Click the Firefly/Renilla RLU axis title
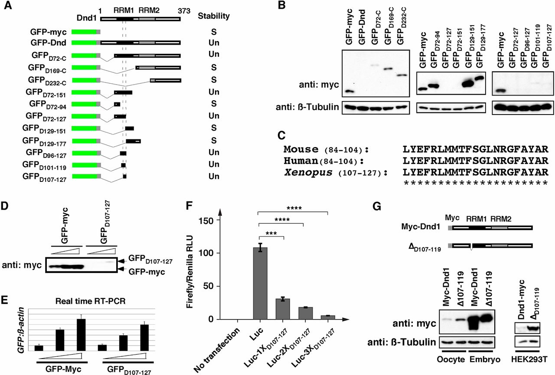pyautogui.click(x=189, y=270)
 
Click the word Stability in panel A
pyautogui.click(x=214, y=16)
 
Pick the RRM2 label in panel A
pyautogui.click(x=147, y=9)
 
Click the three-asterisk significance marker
pyautogui.click(x=271, y=232)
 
